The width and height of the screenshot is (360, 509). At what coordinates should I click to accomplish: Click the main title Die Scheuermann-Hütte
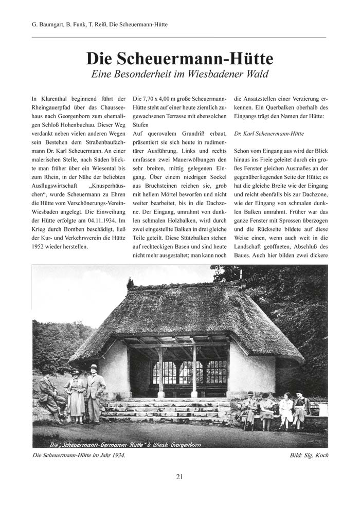coord(179,57)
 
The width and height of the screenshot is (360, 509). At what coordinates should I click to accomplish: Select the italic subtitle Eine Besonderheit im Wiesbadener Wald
coord(179,74)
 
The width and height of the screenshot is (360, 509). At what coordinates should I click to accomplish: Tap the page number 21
coord(179,476)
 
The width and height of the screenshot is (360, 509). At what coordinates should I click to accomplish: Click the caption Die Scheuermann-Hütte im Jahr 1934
coord(78,455)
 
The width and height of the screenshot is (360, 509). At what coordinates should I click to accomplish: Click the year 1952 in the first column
coord(41,246)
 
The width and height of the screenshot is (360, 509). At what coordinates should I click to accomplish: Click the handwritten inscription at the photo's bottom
coord(123,441)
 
